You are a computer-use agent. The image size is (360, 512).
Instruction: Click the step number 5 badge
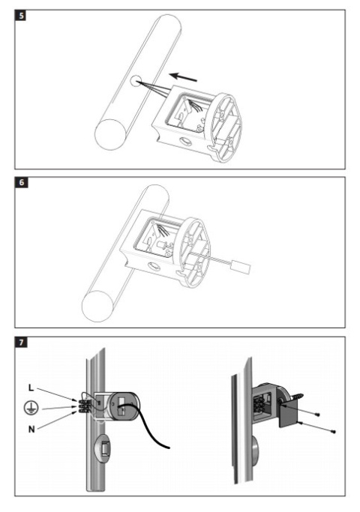(x=21, y=16)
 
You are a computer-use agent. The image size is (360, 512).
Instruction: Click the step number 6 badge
(x=21, y=182)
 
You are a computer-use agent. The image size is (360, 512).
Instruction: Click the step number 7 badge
(x=21, y=343)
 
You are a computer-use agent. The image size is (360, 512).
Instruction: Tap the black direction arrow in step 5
(x=183, y=77)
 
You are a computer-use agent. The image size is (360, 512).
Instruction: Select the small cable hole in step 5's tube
(x=136, y=81)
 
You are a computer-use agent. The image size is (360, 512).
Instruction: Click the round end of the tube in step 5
(x=110, y=134)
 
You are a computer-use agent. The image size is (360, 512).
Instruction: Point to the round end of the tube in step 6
(x=97, y=306)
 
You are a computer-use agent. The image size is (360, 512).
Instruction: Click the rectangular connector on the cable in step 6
(x=241, y=267)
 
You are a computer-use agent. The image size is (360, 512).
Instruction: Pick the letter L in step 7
(x=31, y=388)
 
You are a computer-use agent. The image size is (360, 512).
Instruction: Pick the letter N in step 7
(x=31, y=429)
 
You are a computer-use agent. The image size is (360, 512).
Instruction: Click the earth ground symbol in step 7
(x=31, y=408)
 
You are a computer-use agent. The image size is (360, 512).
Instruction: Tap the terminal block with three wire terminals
(x=84, y=406)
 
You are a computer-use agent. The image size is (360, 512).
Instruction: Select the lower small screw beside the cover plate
(x=333, y=432)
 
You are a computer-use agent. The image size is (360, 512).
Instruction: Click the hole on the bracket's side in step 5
(x=186, y=142)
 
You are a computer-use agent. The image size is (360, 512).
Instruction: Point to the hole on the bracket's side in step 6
(x=154, y=267)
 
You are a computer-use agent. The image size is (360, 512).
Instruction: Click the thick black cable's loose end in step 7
(x=168, y=448)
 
